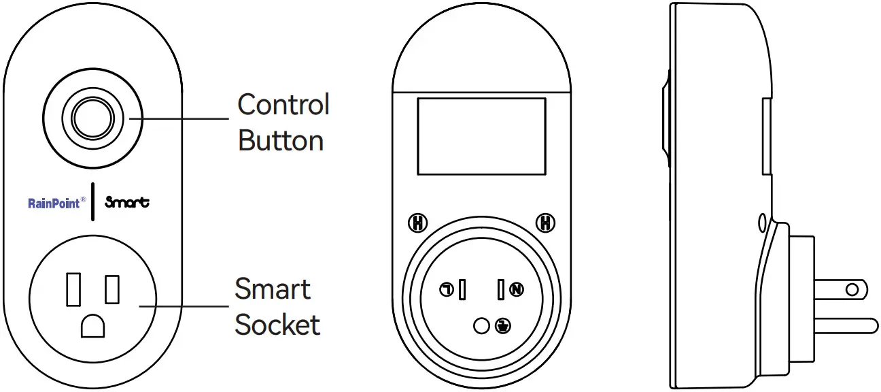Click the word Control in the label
(283, 105)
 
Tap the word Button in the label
(281, 140)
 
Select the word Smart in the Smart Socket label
(273, 289)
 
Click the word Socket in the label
(277, 325)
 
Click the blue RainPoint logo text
(55, 203)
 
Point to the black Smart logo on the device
(128, 202)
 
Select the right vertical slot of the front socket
(112, 289)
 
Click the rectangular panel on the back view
(481, 136)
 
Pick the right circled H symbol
(545, 223)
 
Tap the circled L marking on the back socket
(447, 290)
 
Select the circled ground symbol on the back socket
(503, 326)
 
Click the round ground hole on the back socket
(481, 326)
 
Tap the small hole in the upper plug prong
(851, 289)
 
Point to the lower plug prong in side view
(843, 325)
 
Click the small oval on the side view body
(761, 223)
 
